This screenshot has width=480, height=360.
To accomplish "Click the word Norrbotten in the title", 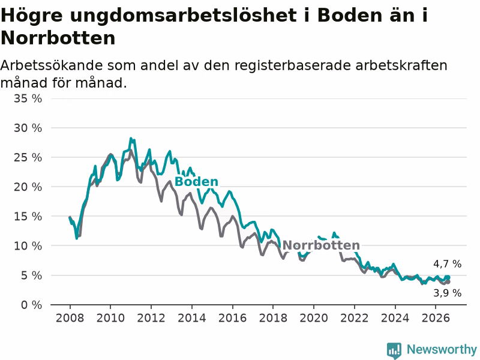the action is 58,38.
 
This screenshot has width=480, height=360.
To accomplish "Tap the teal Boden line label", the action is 196,182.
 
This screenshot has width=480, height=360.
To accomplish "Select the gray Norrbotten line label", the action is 321,245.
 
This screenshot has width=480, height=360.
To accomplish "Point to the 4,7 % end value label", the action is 447,264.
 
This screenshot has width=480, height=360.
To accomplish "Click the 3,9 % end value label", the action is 447,293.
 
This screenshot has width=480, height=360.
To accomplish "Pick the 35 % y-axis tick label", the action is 28,98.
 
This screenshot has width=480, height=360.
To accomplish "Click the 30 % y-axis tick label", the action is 28,128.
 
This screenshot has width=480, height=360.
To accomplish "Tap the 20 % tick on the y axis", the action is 28,187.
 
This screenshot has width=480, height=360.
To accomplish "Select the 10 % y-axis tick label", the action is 28,246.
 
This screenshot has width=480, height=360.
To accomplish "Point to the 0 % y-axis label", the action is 31,305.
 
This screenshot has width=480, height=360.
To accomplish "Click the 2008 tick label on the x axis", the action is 70,318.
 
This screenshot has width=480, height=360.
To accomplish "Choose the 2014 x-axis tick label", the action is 192,318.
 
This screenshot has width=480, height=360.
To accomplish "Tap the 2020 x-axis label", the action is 314,318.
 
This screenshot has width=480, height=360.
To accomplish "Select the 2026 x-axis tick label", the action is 436,318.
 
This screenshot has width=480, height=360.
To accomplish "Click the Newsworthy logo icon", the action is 394,350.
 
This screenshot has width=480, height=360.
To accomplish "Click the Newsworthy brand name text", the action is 442,349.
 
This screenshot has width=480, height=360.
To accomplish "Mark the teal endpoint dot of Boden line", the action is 448,277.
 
